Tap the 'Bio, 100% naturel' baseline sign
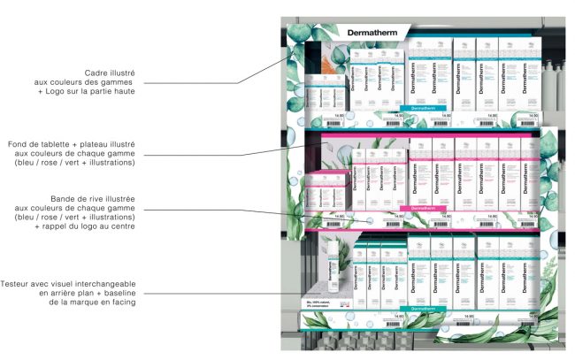click(x=320, y=303)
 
